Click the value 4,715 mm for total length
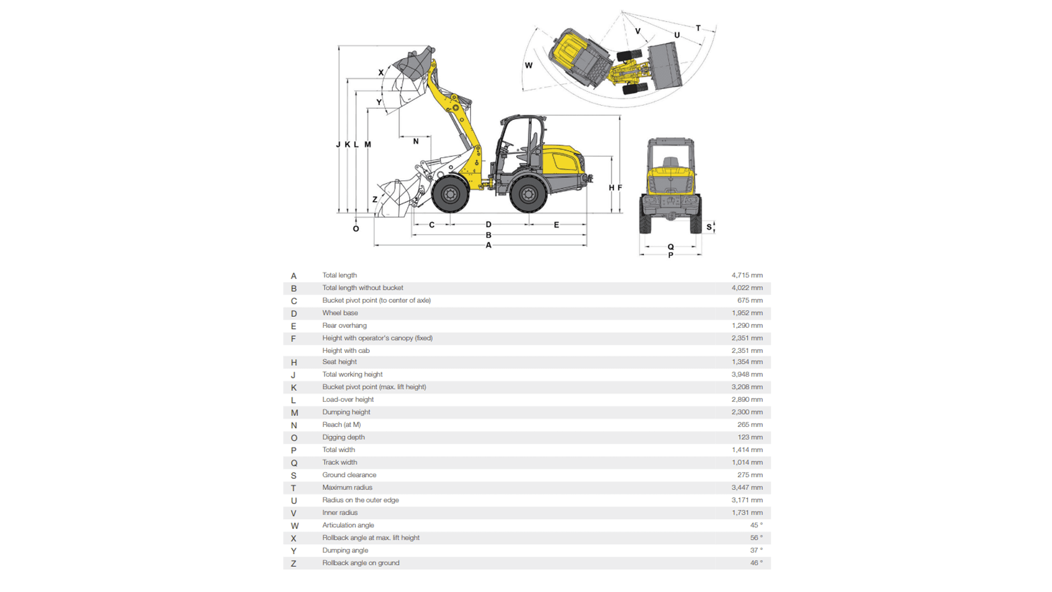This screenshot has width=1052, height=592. click(x=747, y=275)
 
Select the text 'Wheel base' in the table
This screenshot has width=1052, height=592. click(x=340, y=313)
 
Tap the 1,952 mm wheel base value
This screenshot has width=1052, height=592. click(x=747, y=313)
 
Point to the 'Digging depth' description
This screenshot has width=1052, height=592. click(x=343, y=437)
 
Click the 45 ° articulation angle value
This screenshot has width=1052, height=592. click(x=756, y=525)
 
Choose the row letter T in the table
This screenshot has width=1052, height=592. click(x=294, y=488)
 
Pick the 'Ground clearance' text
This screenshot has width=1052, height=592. click(x=349, y=475)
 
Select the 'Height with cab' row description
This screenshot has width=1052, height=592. click(x=346, y=351)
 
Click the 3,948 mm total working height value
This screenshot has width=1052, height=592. click(x=747, y=374)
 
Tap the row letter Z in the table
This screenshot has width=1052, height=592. click(x=294, y=563)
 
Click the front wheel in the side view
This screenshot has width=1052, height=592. click(x=450, y=193)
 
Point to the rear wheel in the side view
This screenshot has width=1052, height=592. click(x=528, y=193)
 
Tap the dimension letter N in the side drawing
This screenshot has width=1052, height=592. click(x=416, y=141)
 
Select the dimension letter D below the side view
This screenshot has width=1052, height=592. click(x=488, y=225)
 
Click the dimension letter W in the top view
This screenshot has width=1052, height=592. click(x=529, y=65)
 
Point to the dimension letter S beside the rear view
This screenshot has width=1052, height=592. click(x=708, y=227)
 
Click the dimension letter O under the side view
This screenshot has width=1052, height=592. click(x=356, y=229)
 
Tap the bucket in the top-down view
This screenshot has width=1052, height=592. click(x=665, y=66)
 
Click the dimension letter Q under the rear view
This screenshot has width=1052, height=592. click(x=671, y=247)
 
